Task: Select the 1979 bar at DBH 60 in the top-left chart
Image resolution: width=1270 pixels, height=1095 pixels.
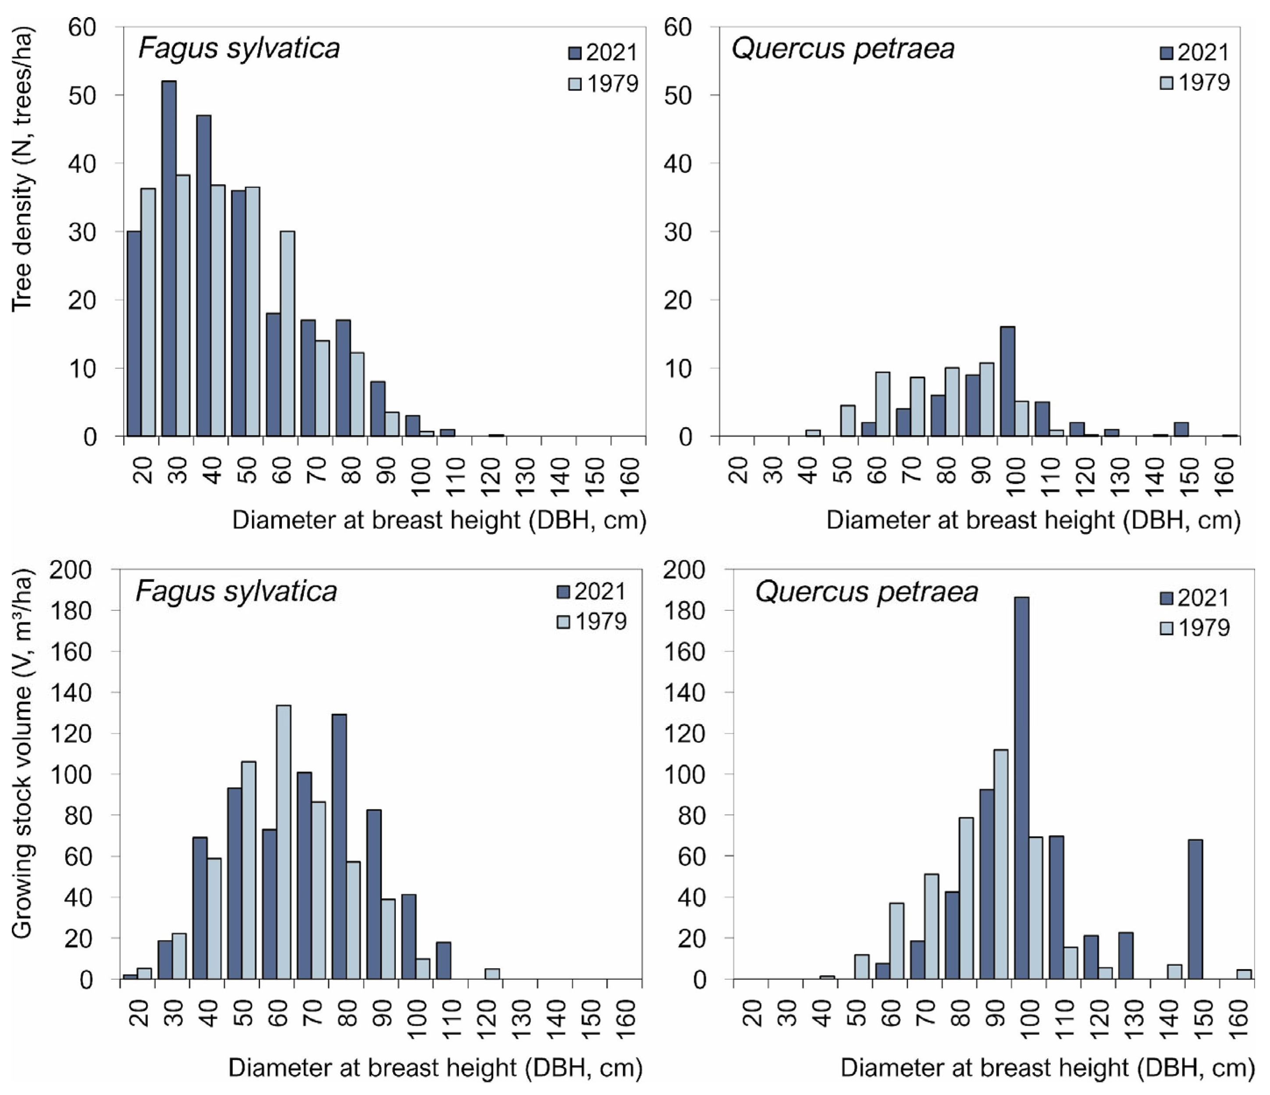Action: click(x=287, y=334)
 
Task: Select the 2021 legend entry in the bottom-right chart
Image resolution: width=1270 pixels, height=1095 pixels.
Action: click(x=1194, y=598)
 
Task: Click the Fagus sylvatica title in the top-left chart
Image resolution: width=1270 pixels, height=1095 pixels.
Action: click(x=239, y=48)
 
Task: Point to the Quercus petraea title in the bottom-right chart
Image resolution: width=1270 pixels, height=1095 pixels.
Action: click(x=866, y=592)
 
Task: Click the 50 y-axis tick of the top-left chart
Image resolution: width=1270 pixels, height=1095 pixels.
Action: click(x=82, y=96)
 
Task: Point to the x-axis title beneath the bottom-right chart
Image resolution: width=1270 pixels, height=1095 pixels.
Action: click(x=1047, y=1067)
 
